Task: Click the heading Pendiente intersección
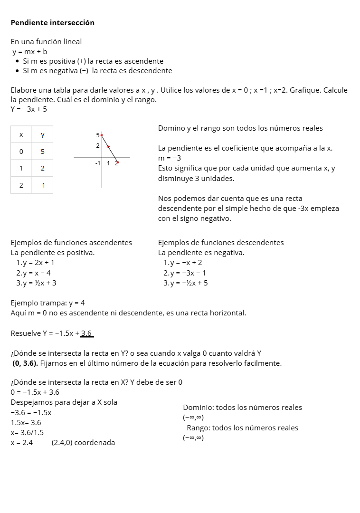point(52,23)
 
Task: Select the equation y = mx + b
point(29,51)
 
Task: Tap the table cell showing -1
point(42,185)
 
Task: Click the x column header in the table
point(21,135)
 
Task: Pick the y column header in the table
point(42,135)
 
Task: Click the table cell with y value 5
point(42,152)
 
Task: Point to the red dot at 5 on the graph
point(102,135)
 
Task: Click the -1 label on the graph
point(97,163)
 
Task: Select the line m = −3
point(170,158)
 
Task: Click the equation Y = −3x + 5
point(29,109)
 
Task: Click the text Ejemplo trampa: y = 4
point(47,303)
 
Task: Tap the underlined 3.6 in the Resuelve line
point(86,333)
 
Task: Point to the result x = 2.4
point(22,443)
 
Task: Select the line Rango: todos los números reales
point(242,428)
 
